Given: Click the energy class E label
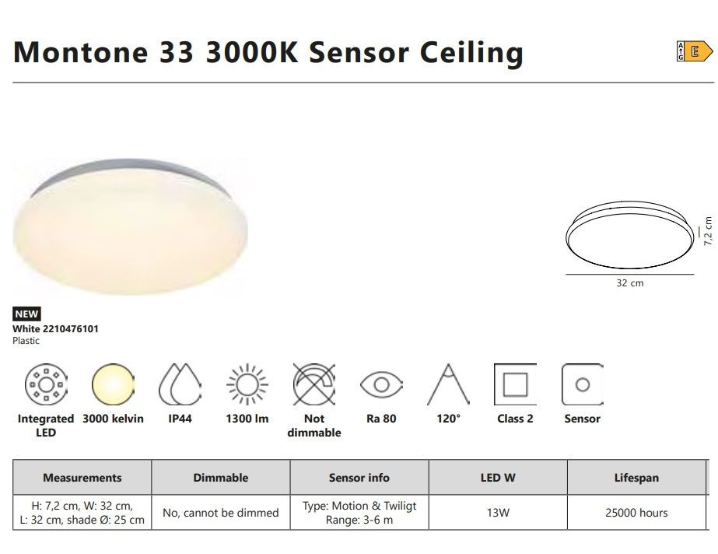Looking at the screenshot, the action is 695,51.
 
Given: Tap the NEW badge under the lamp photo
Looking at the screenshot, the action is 26,314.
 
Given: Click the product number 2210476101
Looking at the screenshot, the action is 71,328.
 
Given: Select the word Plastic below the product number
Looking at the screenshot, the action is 26,341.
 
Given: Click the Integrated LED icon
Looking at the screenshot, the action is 46,384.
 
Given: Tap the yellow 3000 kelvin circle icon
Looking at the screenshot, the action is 113,384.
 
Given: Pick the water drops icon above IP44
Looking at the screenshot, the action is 180,384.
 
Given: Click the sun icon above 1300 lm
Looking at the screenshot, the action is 247,384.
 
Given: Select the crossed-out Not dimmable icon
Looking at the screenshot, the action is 314,384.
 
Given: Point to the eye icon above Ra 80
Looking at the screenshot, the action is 381,384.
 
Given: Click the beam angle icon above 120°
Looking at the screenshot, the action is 448,384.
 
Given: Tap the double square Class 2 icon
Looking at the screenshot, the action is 515,384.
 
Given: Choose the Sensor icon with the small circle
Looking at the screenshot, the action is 583,384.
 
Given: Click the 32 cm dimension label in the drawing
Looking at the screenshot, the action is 630,283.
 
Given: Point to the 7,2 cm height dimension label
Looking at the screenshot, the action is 708,231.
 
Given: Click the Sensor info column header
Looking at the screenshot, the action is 359,478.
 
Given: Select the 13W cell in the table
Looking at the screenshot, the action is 498,513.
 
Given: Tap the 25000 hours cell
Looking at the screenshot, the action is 636,513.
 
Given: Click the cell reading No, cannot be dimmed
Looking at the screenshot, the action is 221,513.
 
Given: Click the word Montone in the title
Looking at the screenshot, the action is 81,51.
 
